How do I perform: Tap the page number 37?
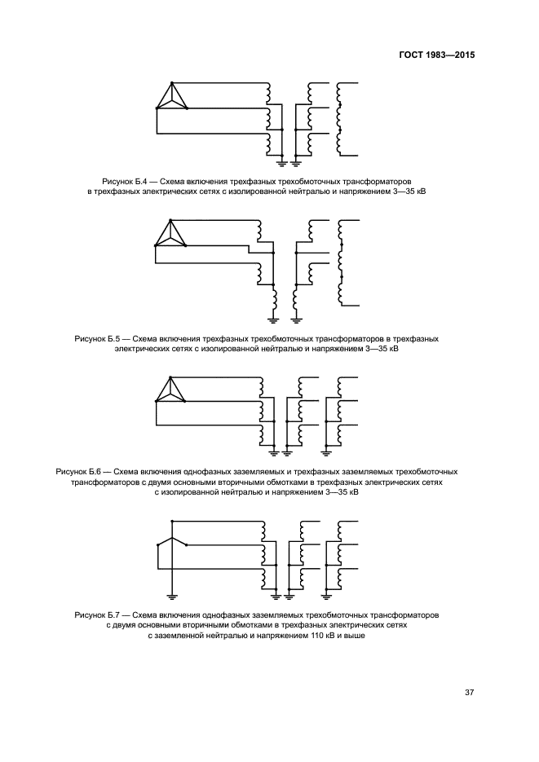point(469,693)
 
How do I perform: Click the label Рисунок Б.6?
point(78,472)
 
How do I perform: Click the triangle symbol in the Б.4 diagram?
point(171,97)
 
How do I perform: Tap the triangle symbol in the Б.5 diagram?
point(170,234)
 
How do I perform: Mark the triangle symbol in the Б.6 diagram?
point(170,390)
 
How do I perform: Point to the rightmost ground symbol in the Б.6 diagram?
point(325,450)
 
